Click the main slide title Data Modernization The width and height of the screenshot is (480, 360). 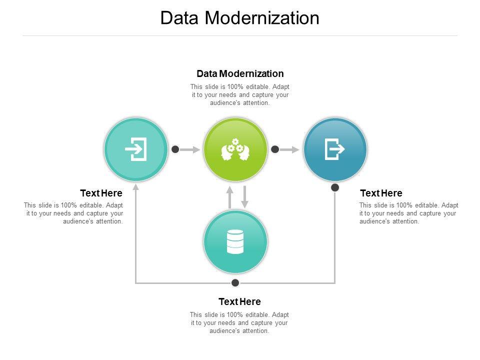(239, 18)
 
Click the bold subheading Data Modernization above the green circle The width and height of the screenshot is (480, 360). (240, 73)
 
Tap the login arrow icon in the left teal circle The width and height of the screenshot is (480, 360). (136, 149)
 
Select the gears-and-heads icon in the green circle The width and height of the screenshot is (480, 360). (235, 149)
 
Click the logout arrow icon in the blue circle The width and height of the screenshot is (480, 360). (334, 149)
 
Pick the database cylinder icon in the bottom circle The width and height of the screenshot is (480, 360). (235, 241)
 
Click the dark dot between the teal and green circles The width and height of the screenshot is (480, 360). (175, 149)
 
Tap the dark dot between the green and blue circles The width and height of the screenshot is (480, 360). (275, 149)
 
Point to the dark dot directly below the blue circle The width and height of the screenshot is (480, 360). (335, 187)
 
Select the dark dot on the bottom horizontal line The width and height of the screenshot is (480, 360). (235, 282)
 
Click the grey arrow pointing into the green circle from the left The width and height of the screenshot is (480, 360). (189, 149)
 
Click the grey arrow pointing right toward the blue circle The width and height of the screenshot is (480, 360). (289, 149)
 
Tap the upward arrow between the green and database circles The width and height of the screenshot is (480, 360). (229, 197)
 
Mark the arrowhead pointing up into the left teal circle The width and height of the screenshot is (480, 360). (136, 186)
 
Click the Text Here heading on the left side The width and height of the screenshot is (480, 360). (101, 193)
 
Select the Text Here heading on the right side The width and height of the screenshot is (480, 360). (381, 193)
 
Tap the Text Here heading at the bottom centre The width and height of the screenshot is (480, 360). (239, 301)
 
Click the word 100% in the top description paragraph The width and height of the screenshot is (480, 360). (235, 86)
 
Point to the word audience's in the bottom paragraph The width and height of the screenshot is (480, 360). (225, 330)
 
